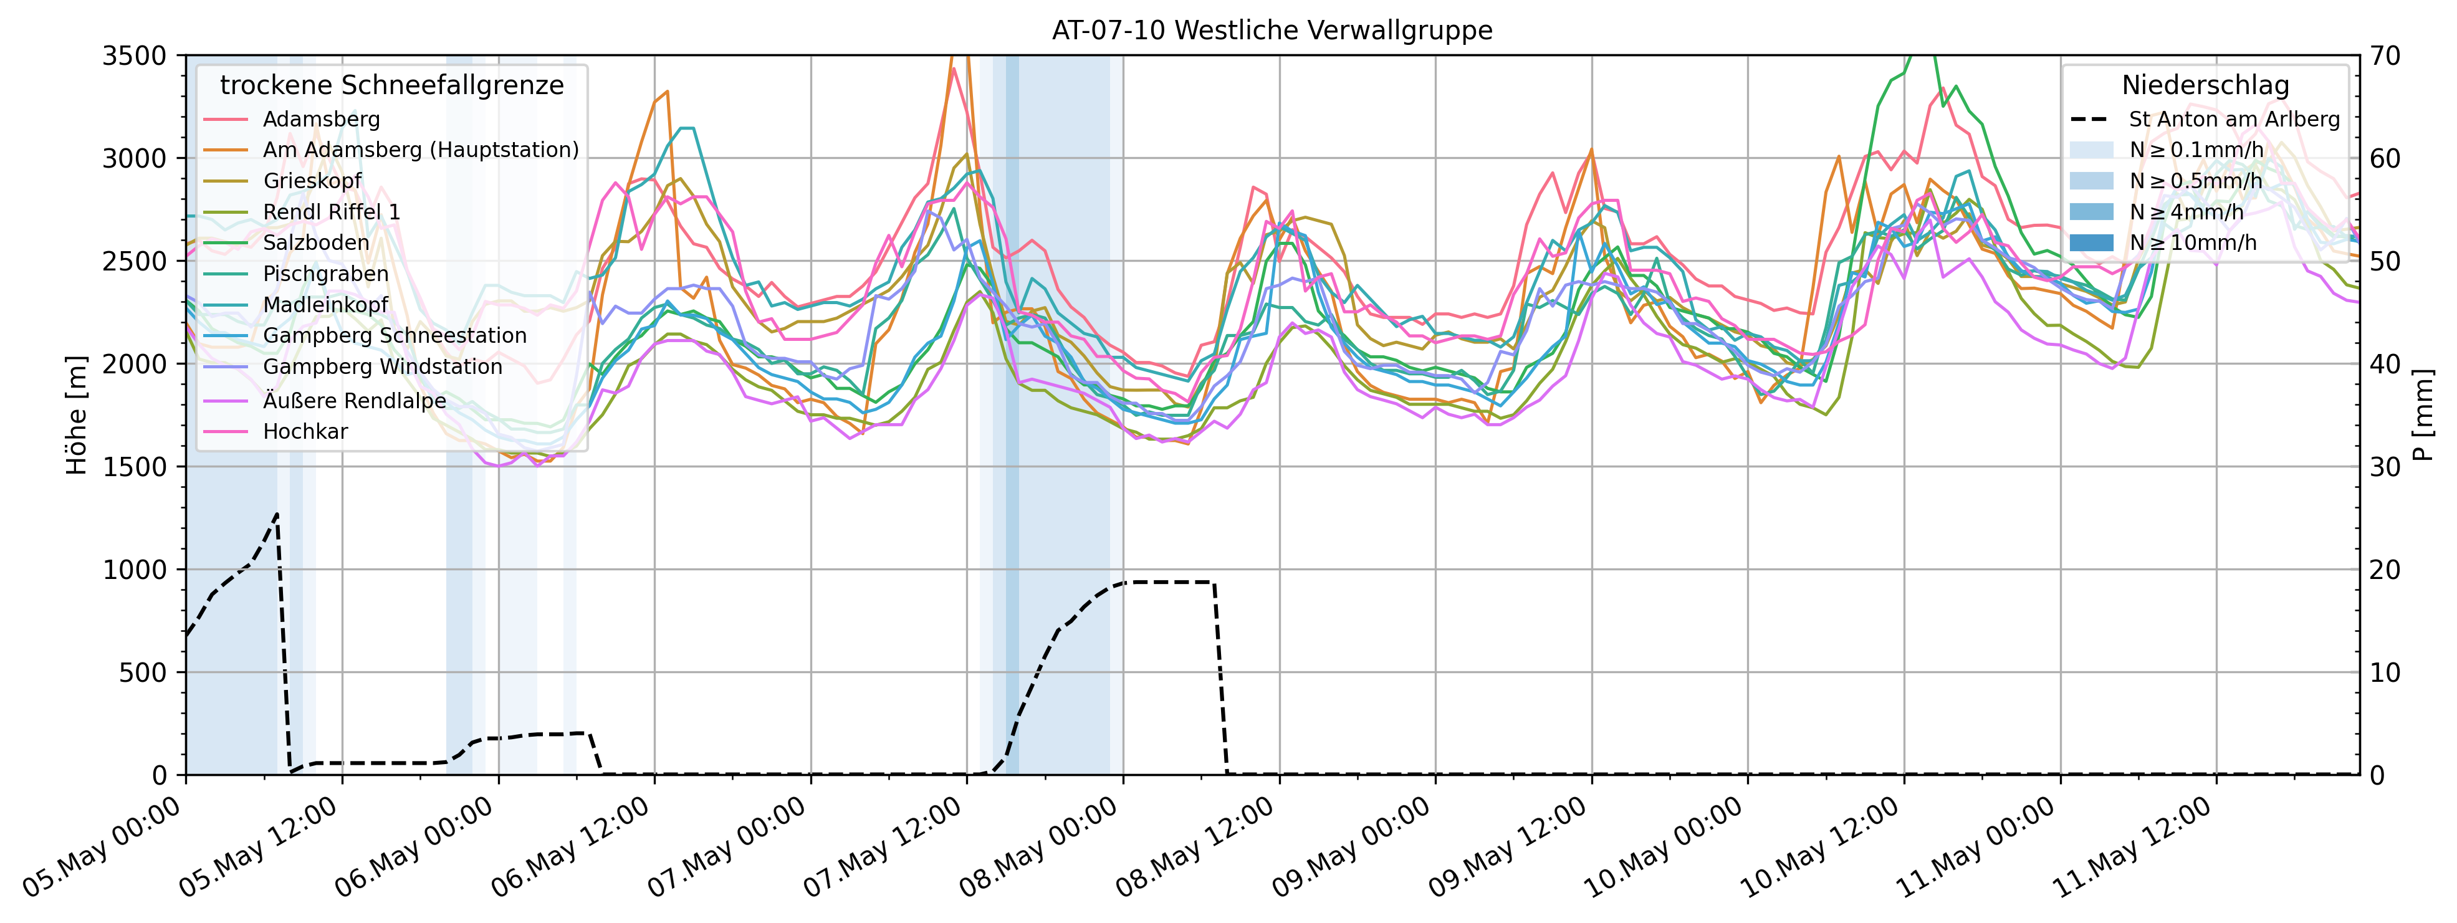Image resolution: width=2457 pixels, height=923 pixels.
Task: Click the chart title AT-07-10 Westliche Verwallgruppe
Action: coord(1272,31)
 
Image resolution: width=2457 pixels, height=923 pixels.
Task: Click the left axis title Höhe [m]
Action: coord(76,415)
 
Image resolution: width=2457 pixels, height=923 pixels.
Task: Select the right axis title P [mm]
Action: coord(2423,415)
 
